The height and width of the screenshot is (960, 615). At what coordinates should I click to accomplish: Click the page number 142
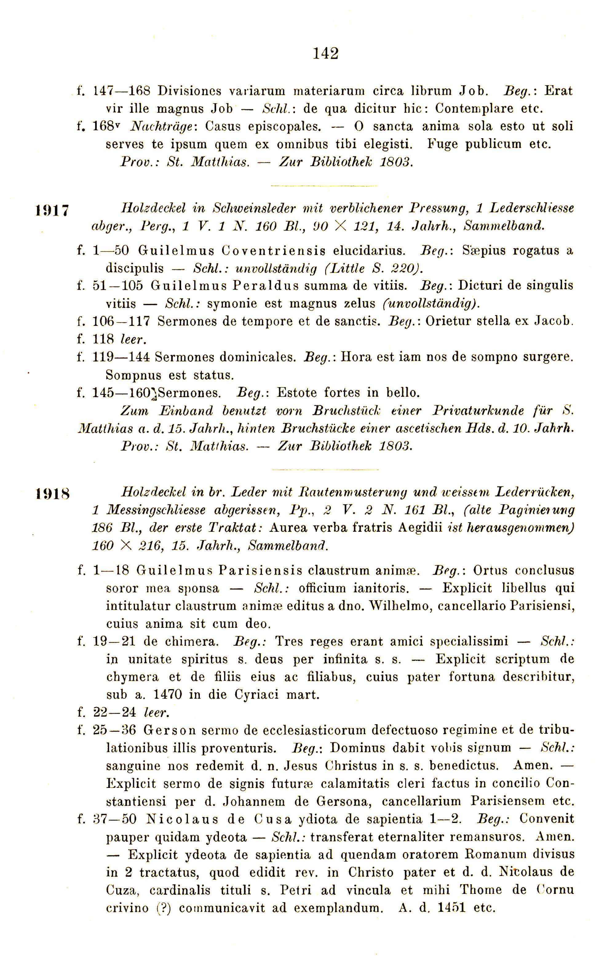[326, 53]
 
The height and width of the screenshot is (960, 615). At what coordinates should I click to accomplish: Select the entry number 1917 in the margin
[52, 210]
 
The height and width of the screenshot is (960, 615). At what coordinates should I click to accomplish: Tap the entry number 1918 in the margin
[52, 494]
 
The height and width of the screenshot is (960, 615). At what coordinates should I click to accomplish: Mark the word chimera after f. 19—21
[189, 641]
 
